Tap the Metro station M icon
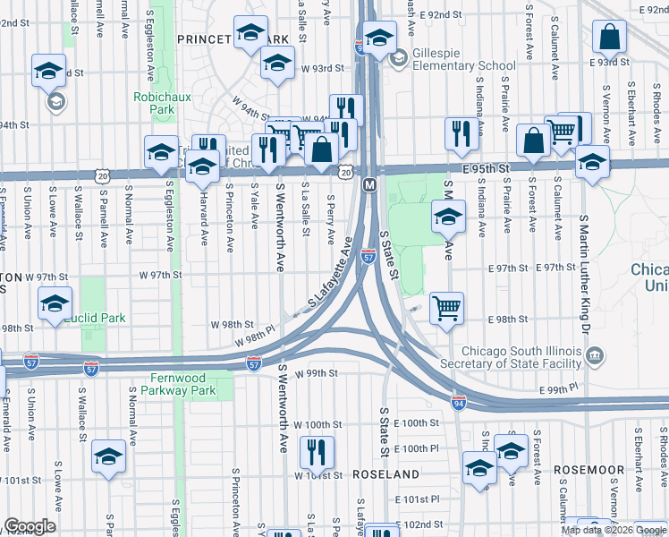point(368,184)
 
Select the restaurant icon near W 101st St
point(316,453)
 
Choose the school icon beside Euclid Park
point(55,305)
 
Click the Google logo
point(30,526)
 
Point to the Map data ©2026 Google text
point(612,529)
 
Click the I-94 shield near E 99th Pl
point(458,404)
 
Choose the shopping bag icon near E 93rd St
point(608,38)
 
